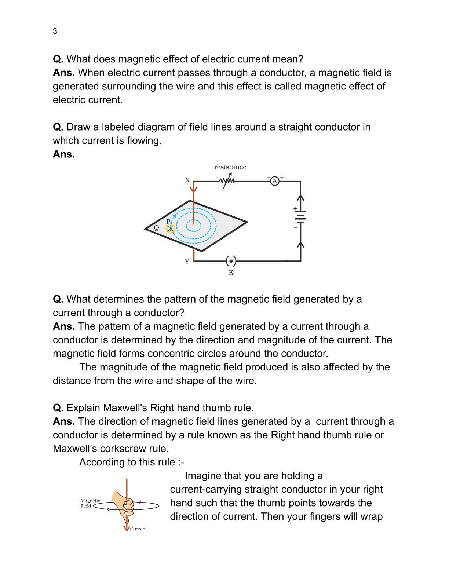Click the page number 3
(55, 32)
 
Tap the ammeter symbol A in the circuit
(274, 181)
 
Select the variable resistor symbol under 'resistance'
(227, 181)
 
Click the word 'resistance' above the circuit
(230, 167)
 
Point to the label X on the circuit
(187, 180)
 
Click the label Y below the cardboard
(187, 262)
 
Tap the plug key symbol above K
(231, 261)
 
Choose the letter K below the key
(231, 273)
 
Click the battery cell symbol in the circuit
(300, 217)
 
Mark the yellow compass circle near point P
(171, 229)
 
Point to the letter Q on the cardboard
(156, 228)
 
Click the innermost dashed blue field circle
(193, 225)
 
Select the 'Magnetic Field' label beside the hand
(90, 503)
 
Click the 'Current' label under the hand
(138, 529)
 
